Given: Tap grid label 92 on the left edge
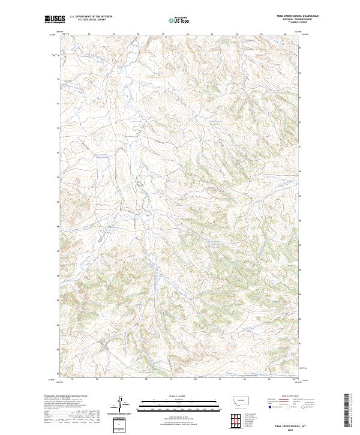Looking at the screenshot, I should (58, 128).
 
